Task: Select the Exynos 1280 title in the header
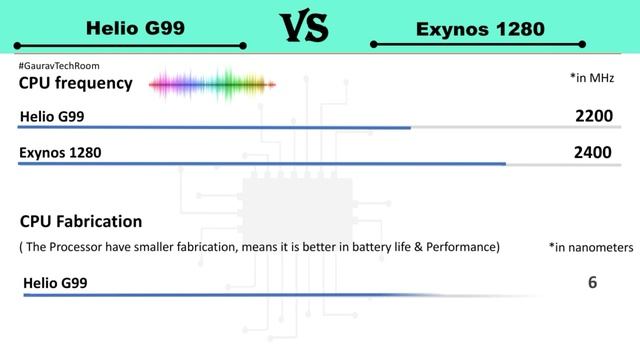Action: (480, 29)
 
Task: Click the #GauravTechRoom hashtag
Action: (59, 66)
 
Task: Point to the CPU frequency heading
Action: (75, 83)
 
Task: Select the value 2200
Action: (593, 117)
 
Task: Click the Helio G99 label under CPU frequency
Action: (52, 118)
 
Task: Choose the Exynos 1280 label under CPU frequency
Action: (60, 154)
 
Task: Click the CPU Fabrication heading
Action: (81, 221)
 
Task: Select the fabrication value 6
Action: (593, 283)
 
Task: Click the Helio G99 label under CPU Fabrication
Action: (55, 284)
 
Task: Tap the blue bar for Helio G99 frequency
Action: (215, 128)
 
